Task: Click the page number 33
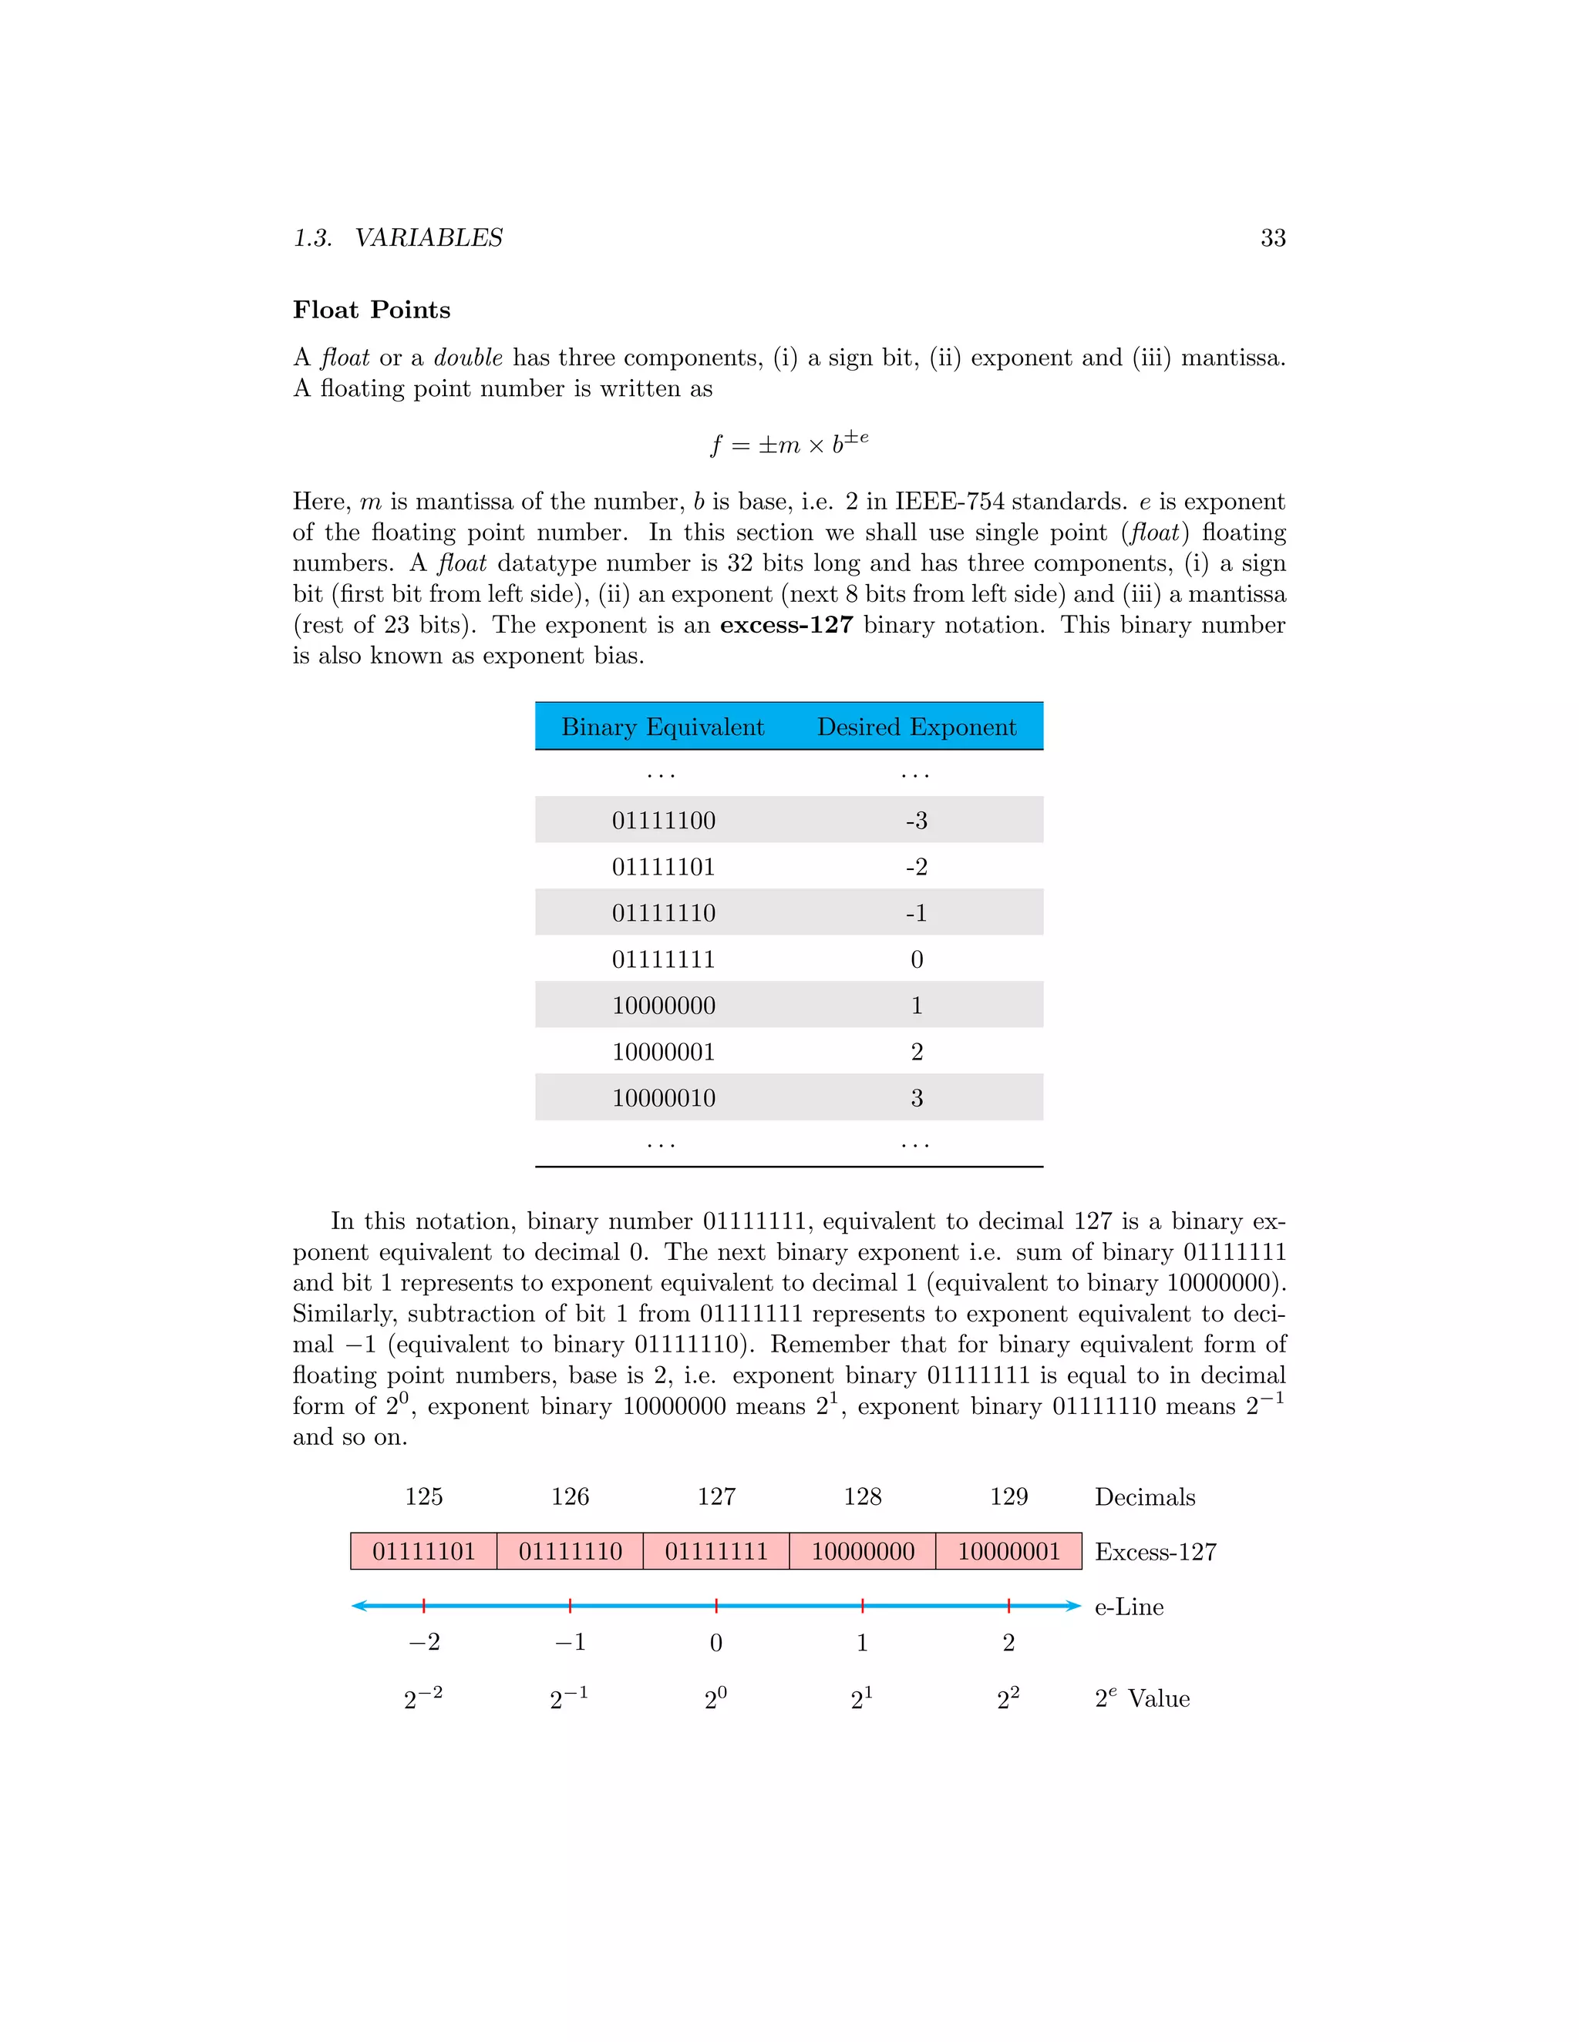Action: click(1272, 238)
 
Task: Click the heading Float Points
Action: click(372, 311)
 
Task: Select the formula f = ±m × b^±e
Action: click(789, 442)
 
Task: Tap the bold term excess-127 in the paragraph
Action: click(786, 625)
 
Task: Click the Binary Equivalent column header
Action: click(662, 727)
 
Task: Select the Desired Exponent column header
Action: click(916, 727)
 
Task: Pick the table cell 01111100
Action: click(663, 820)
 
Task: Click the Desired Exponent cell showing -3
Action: click(916, 820)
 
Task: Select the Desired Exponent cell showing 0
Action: click(916, 959)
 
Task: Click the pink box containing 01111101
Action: click(424, 1551)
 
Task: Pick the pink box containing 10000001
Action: click(1008, 1551)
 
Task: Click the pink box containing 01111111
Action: click(715, 1551)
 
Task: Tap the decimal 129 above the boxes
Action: click(1008, 1497)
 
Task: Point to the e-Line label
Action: click(1129, 1607)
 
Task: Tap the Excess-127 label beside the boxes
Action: click(1155, 1552)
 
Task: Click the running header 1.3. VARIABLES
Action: click(399, 238)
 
